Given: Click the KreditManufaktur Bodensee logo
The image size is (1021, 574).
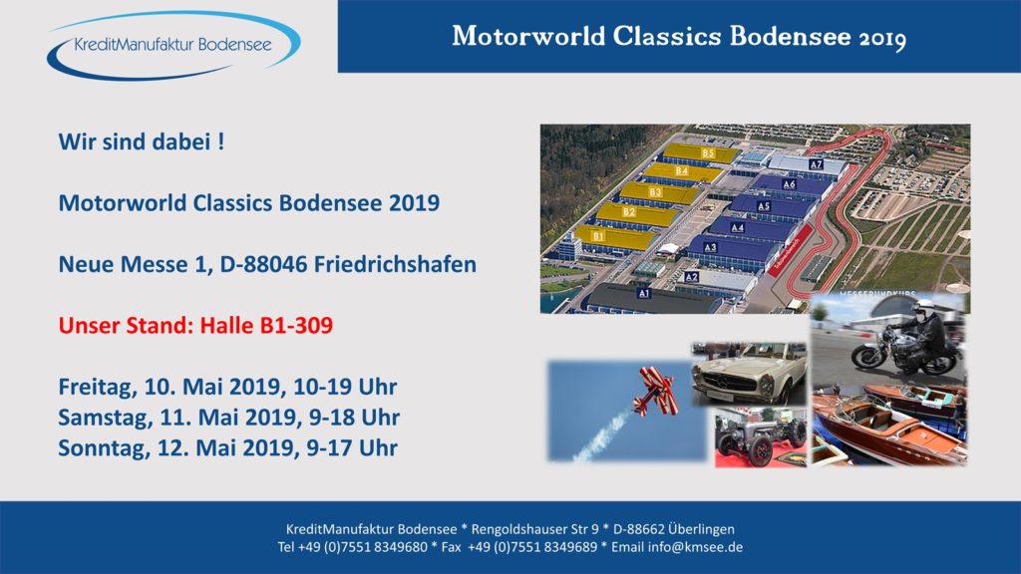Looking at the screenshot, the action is pos(173,45).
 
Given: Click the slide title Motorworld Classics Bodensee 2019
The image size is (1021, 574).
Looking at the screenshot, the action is pos(679,37).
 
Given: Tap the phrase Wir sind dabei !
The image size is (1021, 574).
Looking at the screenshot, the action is pos(142,142).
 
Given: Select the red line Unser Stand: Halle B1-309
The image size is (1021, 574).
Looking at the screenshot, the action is pos(195,326).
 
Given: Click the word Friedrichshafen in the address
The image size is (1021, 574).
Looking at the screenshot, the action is pos(395,264).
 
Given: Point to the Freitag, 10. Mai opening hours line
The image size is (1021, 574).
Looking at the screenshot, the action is pos(227,388).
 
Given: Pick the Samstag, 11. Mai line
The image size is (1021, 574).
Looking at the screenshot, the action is pos(228,418).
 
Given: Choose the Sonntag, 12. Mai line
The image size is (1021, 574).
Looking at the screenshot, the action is pos(227,448).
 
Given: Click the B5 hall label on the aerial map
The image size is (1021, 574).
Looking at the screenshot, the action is pos(709,152).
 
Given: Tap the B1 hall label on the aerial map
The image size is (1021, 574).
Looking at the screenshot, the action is pos(598,235).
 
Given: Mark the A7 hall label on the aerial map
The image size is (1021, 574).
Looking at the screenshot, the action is pos(816,164).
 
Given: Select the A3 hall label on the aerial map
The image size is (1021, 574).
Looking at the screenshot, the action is pos(710,247).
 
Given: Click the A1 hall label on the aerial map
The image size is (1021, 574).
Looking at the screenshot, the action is pos(643,294).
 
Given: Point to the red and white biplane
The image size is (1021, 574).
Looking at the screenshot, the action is pos(656,391).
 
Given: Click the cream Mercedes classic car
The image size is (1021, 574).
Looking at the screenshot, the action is pos(749,375).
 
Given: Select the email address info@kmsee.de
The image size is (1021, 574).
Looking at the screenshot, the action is pos(695,547).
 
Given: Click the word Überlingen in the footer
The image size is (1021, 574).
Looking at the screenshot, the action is pos(701,529).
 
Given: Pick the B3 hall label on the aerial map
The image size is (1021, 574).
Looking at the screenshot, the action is pos(655,192).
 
